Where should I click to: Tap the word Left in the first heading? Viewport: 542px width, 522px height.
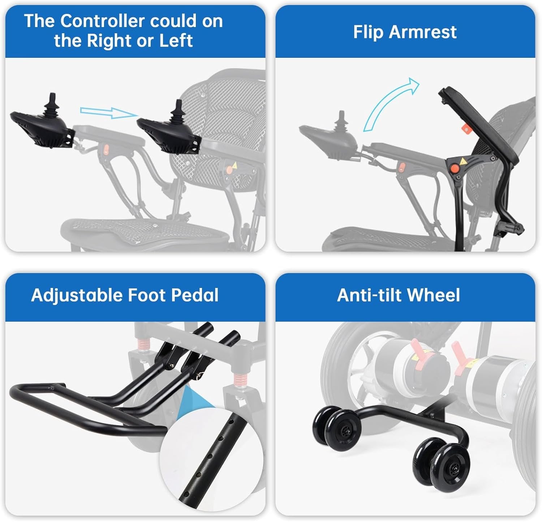pyautogui.click(x=176, y=40)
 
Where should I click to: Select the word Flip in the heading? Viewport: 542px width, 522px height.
pyautogui.click(x=368, y=32)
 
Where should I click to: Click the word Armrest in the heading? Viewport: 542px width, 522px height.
pyautogui.click(x=423, y=32)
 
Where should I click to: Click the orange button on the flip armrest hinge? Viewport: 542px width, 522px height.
pyautogui.click(x=453, y=168)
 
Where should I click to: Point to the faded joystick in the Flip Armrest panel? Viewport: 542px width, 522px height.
pyautogui.click(x=341, y=122)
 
